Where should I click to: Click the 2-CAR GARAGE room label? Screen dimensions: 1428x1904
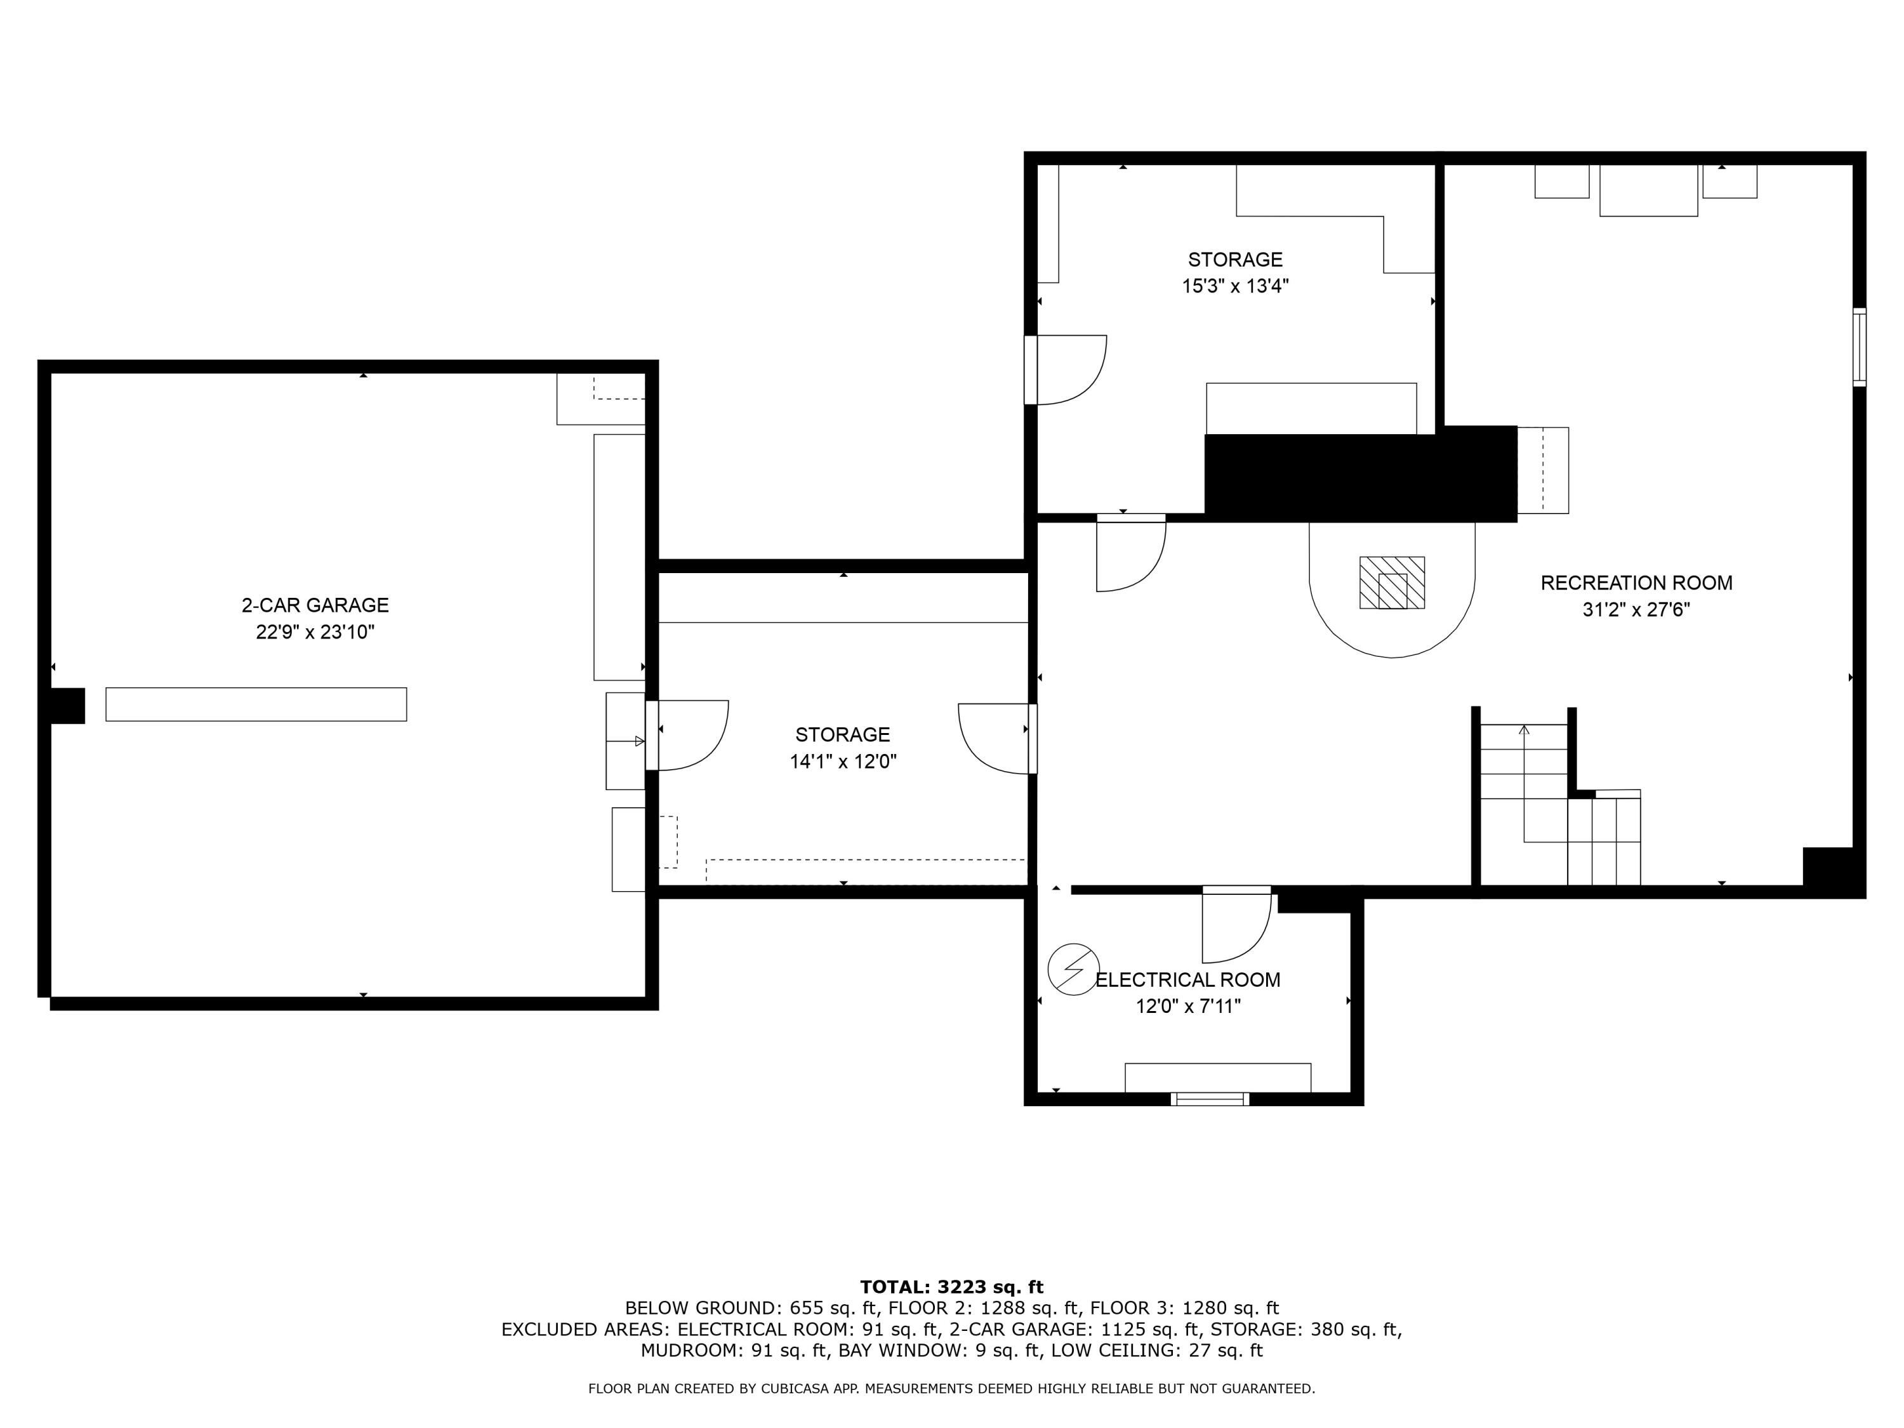[315, 605]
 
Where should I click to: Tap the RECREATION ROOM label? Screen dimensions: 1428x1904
[1636, 583]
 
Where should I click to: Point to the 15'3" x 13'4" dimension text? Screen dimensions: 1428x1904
[1234, 286]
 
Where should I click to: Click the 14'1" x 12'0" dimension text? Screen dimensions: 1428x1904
[843, 761]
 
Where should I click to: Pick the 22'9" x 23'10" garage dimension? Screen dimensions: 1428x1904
[315, 631]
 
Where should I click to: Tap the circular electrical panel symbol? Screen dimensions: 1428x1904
[1073, 970]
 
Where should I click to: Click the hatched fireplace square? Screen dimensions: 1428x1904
[1392, 583]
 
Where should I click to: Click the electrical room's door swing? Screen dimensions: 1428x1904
[1236, 926]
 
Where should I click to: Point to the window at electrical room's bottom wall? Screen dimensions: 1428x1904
[1211, 1099]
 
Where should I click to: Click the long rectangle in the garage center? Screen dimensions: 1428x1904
[256, 704]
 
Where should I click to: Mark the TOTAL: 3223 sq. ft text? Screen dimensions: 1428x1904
[951, 1287]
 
